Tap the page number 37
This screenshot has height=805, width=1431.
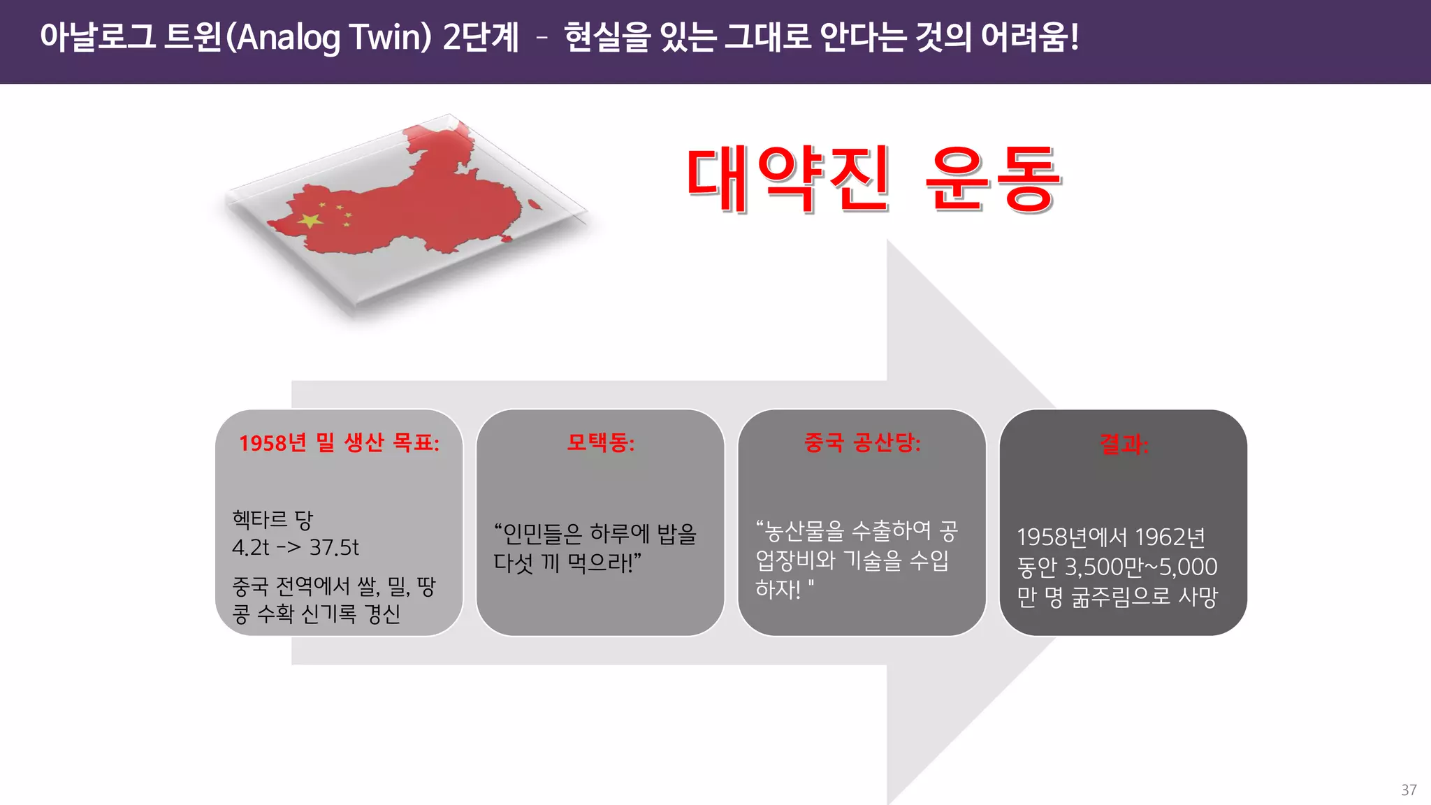point(1409,790)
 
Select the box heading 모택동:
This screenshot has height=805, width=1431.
point(600,442)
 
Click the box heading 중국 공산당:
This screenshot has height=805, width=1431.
point(862,442)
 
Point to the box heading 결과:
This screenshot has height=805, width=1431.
point(1124,444)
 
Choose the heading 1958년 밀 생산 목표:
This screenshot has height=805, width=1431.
point(339,442)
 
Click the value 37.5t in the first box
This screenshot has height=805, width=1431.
point(334,547)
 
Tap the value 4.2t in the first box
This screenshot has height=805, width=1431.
point(250,547)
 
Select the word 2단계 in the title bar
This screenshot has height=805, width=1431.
point(481,38)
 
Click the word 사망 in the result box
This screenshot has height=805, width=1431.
point(1198,596)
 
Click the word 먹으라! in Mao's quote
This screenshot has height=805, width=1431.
point(604,563)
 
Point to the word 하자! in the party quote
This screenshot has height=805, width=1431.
point(778,589)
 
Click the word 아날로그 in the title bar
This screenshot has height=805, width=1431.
point(98,38)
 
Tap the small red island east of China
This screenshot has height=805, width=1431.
point(535,204)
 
